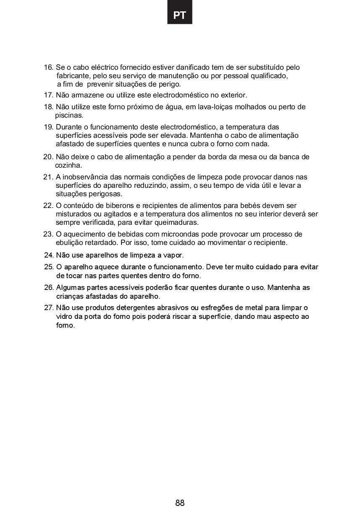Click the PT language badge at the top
coord(179,16)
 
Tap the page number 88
coord(180,503)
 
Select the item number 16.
coord(49,67)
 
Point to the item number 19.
coord(49,127)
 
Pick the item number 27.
coord(49,308)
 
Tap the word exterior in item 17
coord(234,95)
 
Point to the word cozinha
coord(68,166)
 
